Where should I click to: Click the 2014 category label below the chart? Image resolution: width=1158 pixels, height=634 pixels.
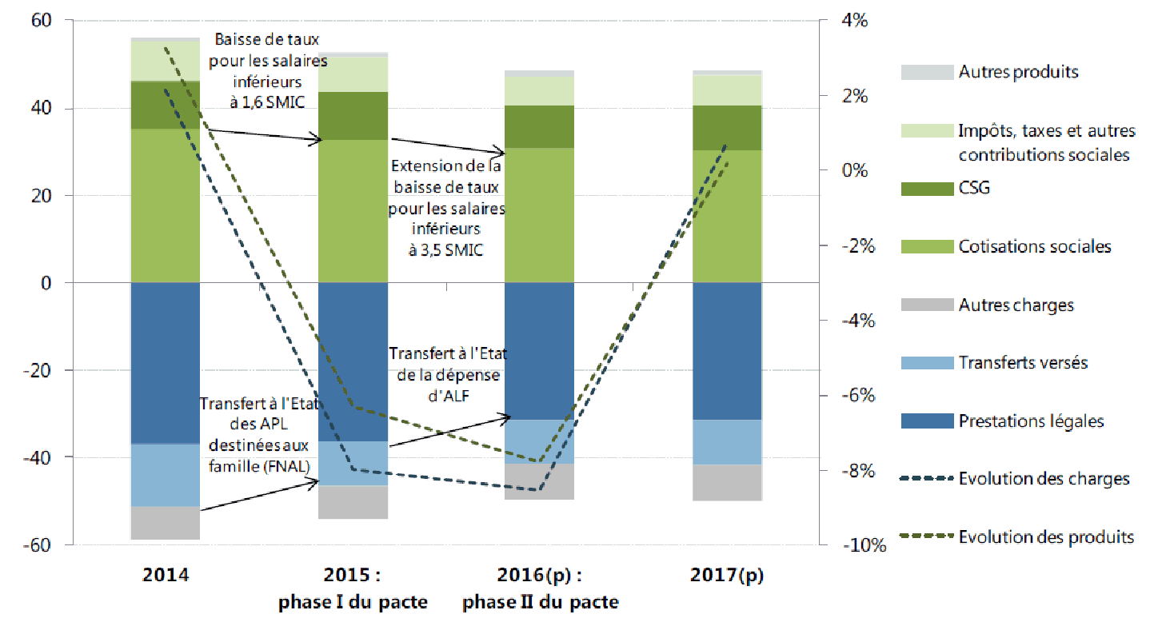pyautogui.click(x=166, y=575)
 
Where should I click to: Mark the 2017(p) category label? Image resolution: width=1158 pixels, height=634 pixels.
pyautogui.click(x=728, y=575)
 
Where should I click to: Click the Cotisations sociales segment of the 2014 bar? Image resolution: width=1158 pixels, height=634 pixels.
pyautogui.click(x=165, y=205)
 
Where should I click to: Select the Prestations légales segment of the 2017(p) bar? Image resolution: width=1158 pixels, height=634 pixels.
pyautogui.click(x=727, y=351)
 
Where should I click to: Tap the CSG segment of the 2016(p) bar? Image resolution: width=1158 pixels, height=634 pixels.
pyautogui.click(x=540, y=126)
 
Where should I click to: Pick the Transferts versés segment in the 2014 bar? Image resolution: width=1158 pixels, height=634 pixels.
pyautogui.click(x=165, y=475)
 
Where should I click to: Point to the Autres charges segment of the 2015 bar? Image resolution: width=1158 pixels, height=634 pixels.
pyautogui.click(x=353, y=502)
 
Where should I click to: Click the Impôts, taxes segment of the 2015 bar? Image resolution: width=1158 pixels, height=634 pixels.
pyautogui.click(x=353, y=74)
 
